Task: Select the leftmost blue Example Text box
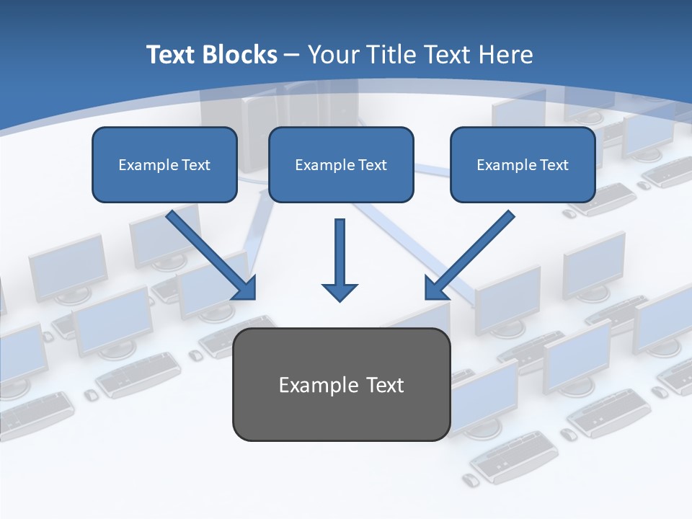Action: [164, 164]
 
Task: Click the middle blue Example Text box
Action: [341, 164]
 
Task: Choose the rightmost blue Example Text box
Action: [523, 164]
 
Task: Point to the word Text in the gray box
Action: [384, 385]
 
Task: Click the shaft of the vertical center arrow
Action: [340, 249]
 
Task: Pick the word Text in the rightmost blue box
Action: [554, 165]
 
